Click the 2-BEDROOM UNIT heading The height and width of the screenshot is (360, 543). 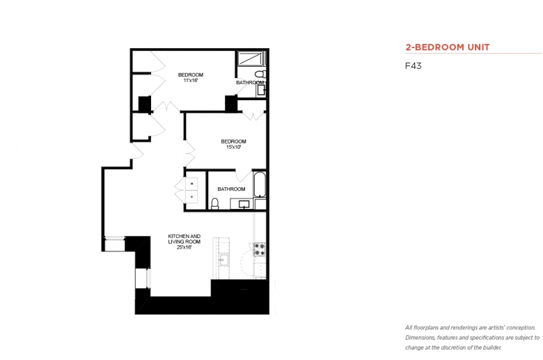[448, 47]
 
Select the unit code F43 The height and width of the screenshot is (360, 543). [413, 66]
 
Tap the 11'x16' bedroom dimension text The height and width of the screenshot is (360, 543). [191, 80]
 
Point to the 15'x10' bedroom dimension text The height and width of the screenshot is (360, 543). [233, 147]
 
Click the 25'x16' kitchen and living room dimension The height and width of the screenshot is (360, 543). [184, 247]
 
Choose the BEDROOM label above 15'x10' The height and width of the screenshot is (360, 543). [233, 141]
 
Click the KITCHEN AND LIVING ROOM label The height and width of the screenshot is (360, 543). [184, 239]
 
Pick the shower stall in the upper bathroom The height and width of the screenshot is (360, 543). [251, 58]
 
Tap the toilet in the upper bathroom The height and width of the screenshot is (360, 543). [261, 74]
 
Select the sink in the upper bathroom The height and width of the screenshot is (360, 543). [262, 91]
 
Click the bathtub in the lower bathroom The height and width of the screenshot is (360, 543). [260, 185]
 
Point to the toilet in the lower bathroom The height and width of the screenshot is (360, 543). [215, 204]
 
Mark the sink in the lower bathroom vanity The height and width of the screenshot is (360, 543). [244, 204]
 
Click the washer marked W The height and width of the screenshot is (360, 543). [191, 184]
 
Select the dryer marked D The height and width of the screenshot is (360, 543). [191, 197]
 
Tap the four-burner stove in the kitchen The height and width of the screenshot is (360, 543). [260, 249]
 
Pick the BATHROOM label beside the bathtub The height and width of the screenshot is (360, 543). [231, 189]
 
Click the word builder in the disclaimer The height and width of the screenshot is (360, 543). [492, 347]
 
